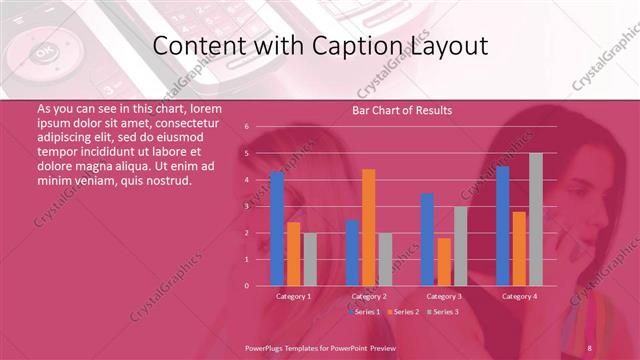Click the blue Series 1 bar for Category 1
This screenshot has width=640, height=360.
(x=277, y=229)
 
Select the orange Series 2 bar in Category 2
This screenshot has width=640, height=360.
(x=368, y=228)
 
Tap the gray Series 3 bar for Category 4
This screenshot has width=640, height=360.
(x=536, y=220)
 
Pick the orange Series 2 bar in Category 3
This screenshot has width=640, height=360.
(x=444, y=262)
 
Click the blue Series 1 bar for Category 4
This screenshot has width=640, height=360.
(x=502, y=226)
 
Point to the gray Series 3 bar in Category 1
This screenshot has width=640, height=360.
(x=310, y=259)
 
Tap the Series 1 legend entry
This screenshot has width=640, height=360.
(x=365, y=313)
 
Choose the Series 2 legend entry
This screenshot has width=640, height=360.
(x=402, y=313)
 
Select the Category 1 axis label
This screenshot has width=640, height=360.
(x=294, y=297)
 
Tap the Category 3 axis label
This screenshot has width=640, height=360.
(x=444, y=297)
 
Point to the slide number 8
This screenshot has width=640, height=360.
(x=590, y=347)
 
